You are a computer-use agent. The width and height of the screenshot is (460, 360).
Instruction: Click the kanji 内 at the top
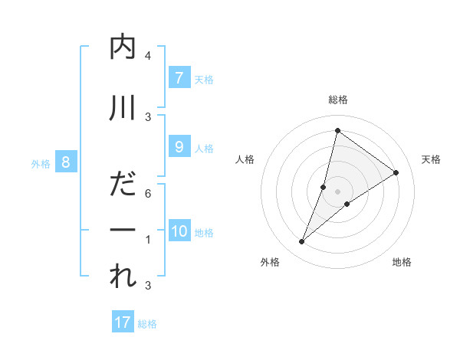[x=123, y=48]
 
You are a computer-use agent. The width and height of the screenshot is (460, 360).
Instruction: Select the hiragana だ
[x=123, y=187]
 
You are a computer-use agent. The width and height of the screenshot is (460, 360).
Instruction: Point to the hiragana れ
[x=123, y=277]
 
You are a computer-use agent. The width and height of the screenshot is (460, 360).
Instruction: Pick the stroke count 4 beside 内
[x=148, y=56]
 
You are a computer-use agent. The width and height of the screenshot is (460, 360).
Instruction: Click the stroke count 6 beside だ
[x=148, y=194]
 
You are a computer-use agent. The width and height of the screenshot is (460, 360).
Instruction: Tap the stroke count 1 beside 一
[x=148, y=240]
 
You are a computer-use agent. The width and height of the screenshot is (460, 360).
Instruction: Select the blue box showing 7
[x=179, y=77]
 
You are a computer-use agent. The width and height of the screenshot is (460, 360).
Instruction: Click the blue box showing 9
[x=179, y=147]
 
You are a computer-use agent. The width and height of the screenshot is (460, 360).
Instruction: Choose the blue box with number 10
[x=179, y=231]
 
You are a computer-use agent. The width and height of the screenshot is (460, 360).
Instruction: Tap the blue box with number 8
[x=66, y=162]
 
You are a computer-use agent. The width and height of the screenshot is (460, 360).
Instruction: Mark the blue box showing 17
[x=123, y=322]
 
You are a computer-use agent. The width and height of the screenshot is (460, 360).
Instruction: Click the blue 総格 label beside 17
[x=147, y=324]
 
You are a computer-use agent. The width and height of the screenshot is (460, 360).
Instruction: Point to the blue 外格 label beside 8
[x=41, y=163]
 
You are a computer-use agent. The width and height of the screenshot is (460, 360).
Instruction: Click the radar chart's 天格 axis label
[x=431, y=159]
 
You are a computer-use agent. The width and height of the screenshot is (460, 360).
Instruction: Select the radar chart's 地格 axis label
[x=402, y=262]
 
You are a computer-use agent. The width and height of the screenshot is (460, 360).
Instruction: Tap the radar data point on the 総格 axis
[x=337, y=130]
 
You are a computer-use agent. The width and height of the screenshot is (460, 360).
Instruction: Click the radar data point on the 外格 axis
[x=302, y=242]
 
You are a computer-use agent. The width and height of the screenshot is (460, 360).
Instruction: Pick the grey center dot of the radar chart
[x=337, y=191]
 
